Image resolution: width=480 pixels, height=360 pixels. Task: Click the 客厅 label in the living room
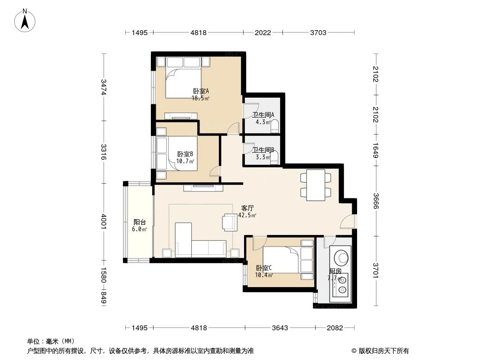[x=247, y=208]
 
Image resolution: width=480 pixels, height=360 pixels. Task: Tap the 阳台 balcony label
[x=140, y=222]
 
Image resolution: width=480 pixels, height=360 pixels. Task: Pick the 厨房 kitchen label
[x=335, y=271]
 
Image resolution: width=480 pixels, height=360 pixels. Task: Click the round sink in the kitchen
[x=340, y=256]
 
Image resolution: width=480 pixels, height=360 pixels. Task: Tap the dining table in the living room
[x=315, y=185]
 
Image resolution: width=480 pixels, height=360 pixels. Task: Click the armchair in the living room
[x=229, y=222]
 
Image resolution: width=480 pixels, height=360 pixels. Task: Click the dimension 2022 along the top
[x=263, y=32]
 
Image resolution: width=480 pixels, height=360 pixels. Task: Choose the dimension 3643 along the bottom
[x=280, y=328]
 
